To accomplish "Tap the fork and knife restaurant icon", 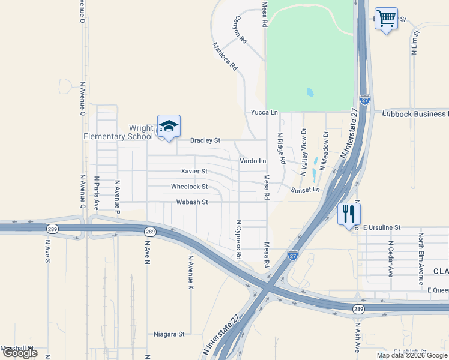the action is coord(349,214).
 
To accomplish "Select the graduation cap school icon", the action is coord(169,127).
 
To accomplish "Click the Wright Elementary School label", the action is coord(118,132).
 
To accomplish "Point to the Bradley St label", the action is coord(205,140).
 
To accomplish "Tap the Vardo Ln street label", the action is coord(253,161).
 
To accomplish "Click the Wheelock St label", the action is coord(189,187).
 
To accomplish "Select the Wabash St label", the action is coord(191,202).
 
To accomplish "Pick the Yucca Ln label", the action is coord(265,112).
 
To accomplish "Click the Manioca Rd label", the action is coord(226,57).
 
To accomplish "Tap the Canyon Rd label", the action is coord(240,31).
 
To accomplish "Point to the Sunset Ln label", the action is coord(302,190).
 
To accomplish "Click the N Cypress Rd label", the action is coord(239,239).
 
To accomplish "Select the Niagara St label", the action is coord(169,334).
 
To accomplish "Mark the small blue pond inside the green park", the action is coord(310,92).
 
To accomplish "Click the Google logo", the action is coord(20,353).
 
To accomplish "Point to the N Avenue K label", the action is coord(191,273).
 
